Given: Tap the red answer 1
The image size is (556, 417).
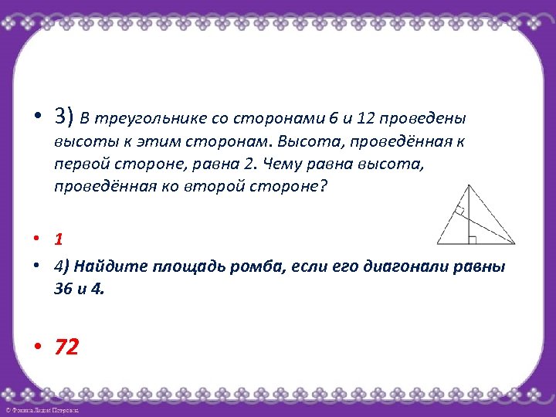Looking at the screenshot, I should [58, 239].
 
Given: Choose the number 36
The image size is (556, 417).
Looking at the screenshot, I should [65, 290].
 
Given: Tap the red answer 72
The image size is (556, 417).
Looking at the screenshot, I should [66, 347].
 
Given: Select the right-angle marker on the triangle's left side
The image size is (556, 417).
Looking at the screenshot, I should [459, 210].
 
